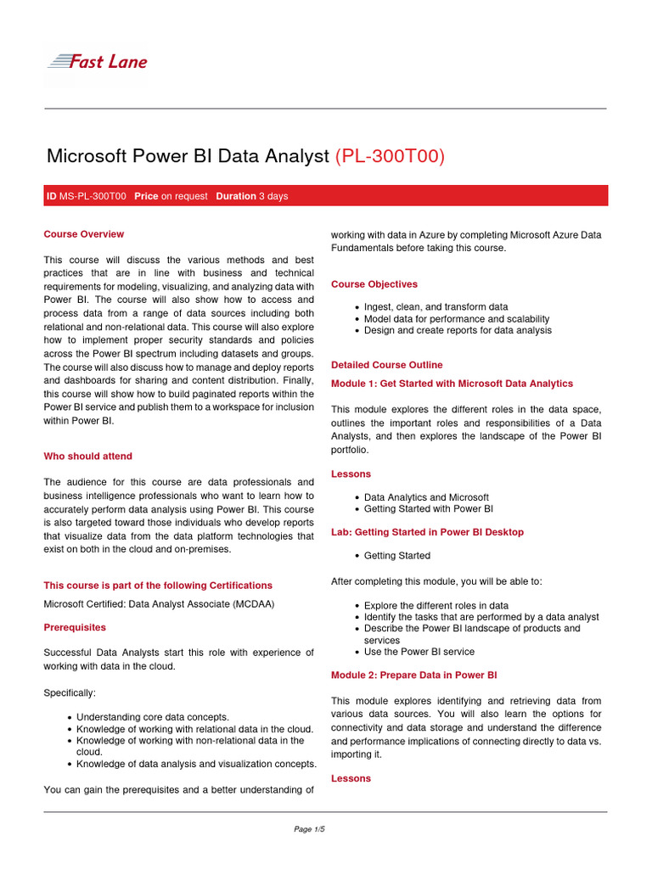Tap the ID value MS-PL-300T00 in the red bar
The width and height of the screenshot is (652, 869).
tap(93, 196)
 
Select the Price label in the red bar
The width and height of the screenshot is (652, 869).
tap(146, 196)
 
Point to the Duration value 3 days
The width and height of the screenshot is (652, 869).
tap(273, 196)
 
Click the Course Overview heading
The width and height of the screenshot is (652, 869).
tap(83, 234)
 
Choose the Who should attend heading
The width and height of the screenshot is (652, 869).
tap(87, 457)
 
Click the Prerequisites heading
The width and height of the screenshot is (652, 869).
tap(75, 627)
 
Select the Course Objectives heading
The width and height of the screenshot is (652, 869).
tap(374, 284)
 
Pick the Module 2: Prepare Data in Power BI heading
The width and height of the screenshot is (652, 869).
tap(413, 676)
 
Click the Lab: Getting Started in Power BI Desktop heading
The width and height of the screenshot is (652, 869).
tap(427, 532)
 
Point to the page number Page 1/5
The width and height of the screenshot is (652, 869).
tap(309, 829)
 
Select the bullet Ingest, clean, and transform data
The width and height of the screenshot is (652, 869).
tap(436, 307)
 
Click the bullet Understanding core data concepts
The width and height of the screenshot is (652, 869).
tap(153, 717)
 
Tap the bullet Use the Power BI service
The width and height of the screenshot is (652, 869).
tap(419, 652)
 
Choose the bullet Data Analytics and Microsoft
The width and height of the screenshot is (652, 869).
tap(426, 497)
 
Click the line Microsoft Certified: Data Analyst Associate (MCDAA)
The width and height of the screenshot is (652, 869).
tap(159, 604)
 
